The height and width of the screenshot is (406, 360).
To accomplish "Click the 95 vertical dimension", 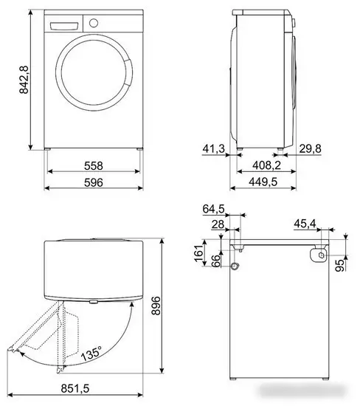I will pyautogui.click(x=339, y=265).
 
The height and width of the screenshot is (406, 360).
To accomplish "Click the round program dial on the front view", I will pyautogui.click(x=93, y=22).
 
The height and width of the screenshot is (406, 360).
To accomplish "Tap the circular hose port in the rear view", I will pyautogui.click(x=235, y=266).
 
